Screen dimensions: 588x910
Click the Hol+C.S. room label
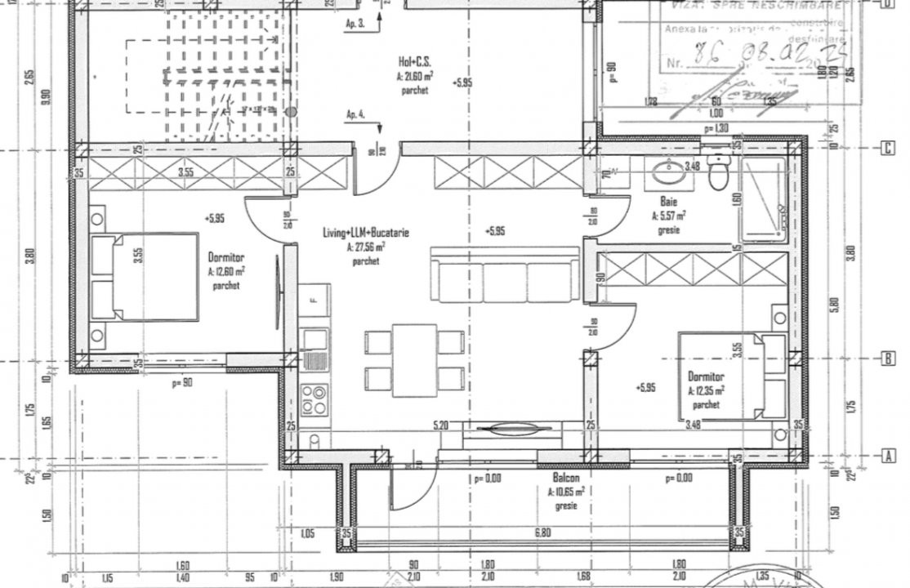(x=415, y=62)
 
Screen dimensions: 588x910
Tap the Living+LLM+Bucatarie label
(x=366, y=233)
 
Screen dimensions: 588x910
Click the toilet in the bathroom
(x=718, y=172)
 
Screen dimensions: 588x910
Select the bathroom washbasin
(x=671, y=172)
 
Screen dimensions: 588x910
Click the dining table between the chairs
(x=414, y=359)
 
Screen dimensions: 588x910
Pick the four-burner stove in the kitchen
(x=314, y=399)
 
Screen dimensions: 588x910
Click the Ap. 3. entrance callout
(x=355, y=24)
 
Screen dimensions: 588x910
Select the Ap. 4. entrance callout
(x=355, y=114)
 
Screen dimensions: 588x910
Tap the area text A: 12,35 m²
(x=706, y=390)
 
